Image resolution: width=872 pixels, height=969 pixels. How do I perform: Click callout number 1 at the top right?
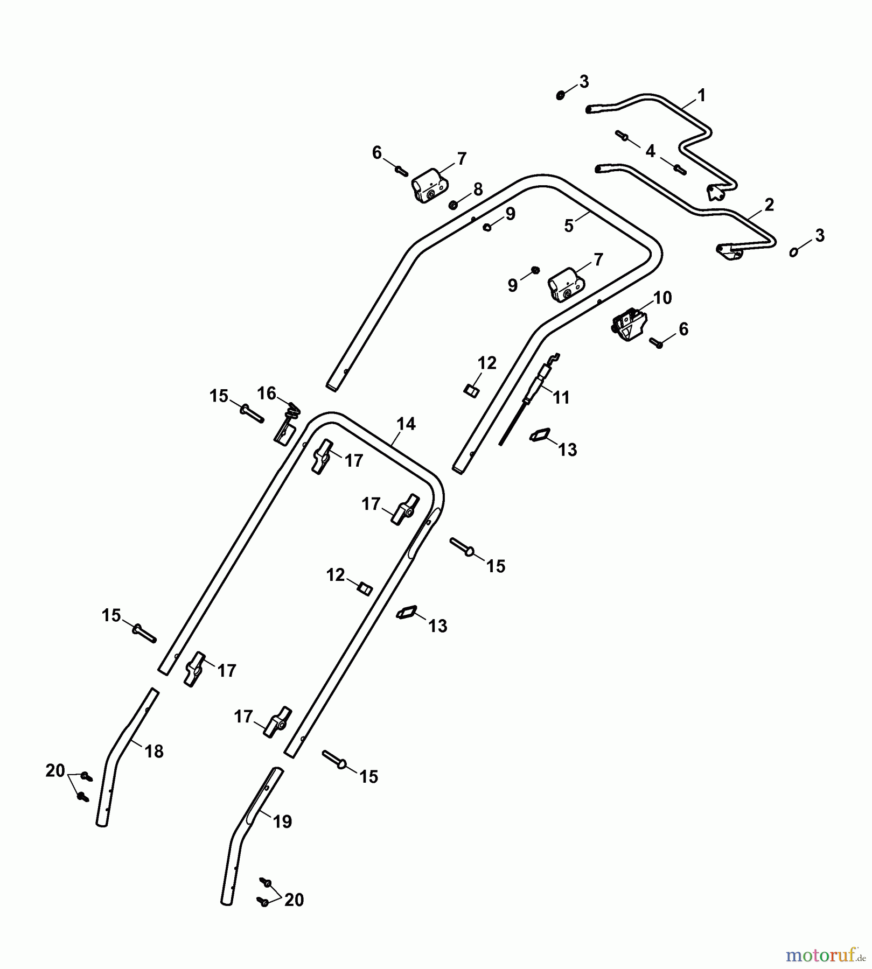click(701, 96)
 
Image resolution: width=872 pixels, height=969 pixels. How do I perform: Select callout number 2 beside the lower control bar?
click(769, 205)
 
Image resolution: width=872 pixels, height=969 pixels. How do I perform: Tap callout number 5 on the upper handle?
click(569, 226)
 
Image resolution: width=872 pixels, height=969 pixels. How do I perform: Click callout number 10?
click(662, 298)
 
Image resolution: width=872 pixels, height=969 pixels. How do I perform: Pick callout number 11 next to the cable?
click(561, 397)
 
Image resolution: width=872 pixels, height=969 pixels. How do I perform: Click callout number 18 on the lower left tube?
click(154, 752)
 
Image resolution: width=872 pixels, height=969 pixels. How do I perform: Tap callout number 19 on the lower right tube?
click(282, 821)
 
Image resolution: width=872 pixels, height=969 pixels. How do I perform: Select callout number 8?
click(478, 189)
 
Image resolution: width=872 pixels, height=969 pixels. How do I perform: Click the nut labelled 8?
click(454, 205)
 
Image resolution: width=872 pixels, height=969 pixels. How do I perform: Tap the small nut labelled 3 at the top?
click(560, 95)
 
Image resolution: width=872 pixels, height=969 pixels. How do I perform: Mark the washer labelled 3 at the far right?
click(794, 251)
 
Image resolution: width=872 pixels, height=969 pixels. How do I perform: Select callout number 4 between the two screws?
click(650, 151)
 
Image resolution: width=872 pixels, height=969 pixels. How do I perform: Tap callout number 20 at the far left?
click(55, 771)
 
